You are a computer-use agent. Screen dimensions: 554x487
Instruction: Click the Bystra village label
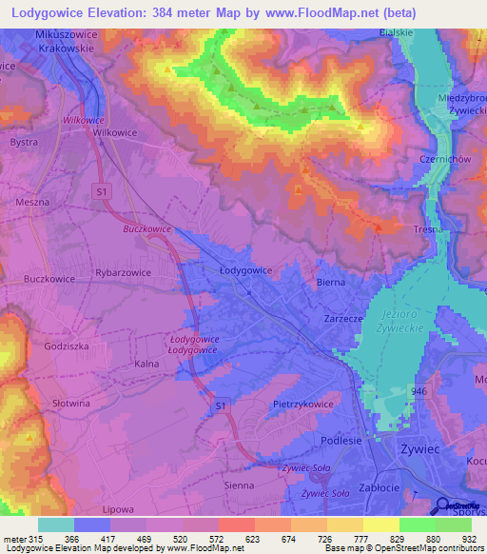click(24, 142)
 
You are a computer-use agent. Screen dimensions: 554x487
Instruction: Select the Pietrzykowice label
click(303, 405)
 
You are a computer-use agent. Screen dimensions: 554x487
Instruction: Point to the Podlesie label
click(339, 440)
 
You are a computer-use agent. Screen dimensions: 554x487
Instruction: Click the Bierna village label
click(330, 283)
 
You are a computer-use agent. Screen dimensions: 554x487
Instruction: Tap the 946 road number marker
click(419, 391)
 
